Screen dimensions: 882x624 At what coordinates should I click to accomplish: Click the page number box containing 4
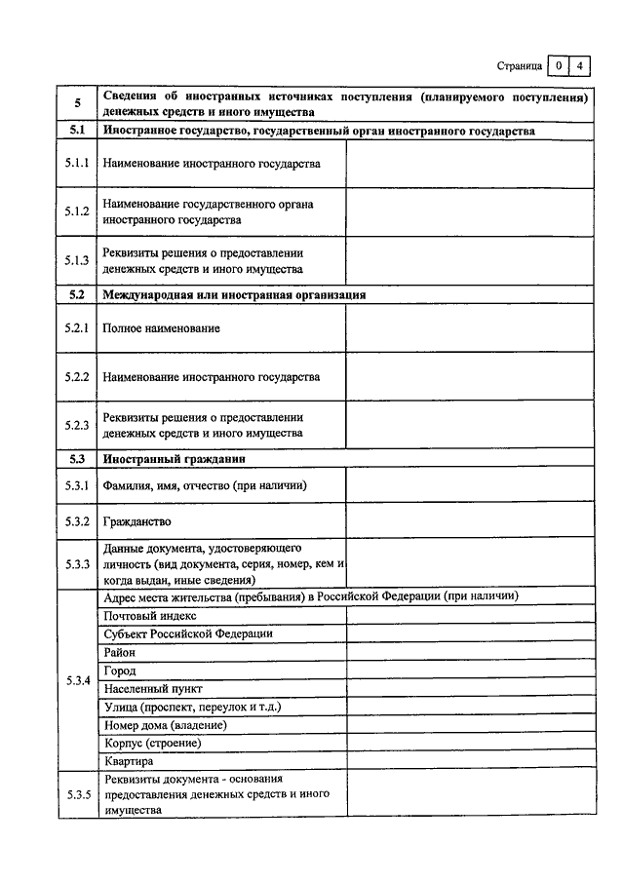pyautogui.click(x=579, y=66)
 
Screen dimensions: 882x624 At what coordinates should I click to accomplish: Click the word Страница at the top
pyautogui.click(x=519, y=67)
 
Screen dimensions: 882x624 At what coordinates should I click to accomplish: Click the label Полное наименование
pyautogui.click(x=161, y=328)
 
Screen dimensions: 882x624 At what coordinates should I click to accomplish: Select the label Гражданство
pyautogui.click(x=136, y=520)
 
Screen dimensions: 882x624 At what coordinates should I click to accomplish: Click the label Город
pyautogui.click(x=119, y=671)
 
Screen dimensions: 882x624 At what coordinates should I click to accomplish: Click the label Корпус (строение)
pyautogui.click(x=152, y=744)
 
